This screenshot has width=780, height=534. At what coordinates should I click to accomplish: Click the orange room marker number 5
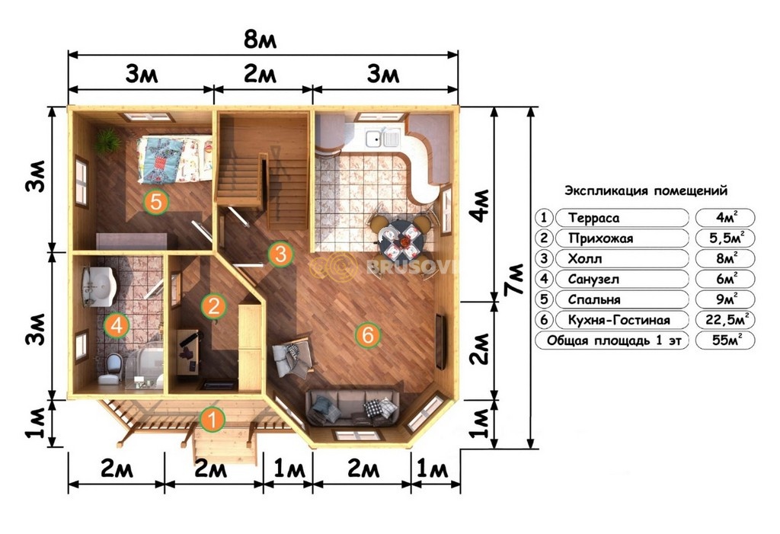[155, 202]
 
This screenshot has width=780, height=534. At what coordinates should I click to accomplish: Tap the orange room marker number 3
[280, 254]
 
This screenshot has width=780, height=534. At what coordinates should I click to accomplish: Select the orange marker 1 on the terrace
[213, 420]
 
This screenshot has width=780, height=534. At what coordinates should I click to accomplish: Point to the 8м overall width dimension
[260, 40]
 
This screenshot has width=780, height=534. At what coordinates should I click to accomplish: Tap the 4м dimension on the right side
[480, 205]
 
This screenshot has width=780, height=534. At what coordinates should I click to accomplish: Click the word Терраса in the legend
[594, 218]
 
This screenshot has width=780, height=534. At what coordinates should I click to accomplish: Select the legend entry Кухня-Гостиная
[619, 320]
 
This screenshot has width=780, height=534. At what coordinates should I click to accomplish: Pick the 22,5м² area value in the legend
[726, 319]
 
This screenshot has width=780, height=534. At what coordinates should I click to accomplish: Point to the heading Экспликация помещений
[646, 190]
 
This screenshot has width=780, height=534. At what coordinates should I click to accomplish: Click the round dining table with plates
[402, 241]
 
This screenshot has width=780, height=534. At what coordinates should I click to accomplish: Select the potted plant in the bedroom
[107, 141]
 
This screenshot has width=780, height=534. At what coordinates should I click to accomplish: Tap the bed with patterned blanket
[175, 159]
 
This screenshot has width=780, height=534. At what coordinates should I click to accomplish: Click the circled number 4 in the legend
[544, 279]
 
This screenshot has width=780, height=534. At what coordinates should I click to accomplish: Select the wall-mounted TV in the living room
[441, 341]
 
